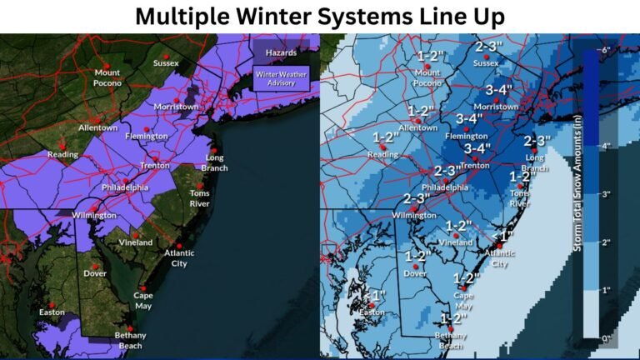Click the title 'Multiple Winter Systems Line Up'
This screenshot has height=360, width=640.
tap(320, 16)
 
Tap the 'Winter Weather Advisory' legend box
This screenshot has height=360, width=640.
tap(282, 78)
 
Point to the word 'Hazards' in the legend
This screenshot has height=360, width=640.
tap(281, 52)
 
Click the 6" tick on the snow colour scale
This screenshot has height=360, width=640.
tap(606, 50)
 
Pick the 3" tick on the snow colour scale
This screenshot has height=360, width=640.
tap(606, 194)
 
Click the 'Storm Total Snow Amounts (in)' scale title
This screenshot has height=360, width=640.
tap(577, 194)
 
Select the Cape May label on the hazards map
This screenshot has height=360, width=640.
tap(143, 300)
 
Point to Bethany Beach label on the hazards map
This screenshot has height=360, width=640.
tap(130, 338)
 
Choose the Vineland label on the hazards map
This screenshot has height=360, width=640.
tap(135, 242)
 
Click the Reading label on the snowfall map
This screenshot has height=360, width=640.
tap(383, 154)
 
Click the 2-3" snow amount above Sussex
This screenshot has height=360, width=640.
tap(487, 47)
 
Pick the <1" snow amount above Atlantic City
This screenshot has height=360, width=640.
tap(504, 236)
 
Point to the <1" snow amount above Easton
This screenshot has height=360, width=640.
tap(373, 296)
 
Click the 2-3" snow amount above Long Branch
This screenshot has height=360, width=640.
tap(537, 141)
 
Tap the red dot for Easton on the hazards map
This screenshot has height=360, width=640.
tap(52, 304)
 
